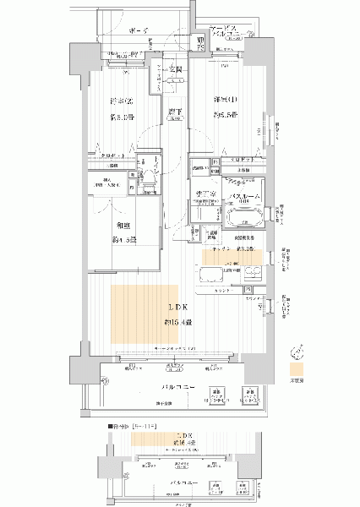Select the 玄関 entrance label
pyautogui.click(x=177, y=69)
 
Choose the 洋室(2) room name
pyautogui.click(x=121, y=101)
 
